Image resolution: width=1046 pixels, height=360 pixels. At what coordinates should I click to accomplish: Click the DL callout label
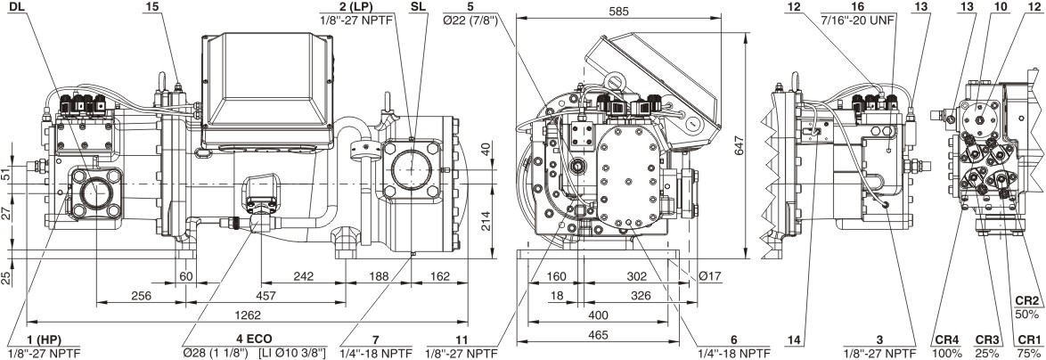click(17, 6)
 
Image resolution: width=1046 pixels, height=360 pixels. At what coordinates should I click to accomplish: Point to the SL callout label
click(418, 6)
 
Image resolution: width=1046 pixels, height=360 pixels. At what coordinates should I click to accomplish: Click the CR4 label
click(946, 340)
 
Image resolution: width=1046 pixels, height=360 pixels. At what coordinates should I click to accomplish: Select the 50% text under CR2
click(1027, 315)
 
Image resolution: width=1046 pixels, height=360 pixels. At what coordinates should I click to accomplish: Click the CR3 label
click(986, 340)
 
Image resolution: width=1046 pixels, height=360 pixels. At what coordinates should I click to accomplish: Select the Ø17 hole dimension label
click(709, 276)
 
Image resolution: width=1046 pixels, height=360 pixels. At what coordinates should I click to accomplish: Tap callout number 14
click(795, 340)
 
